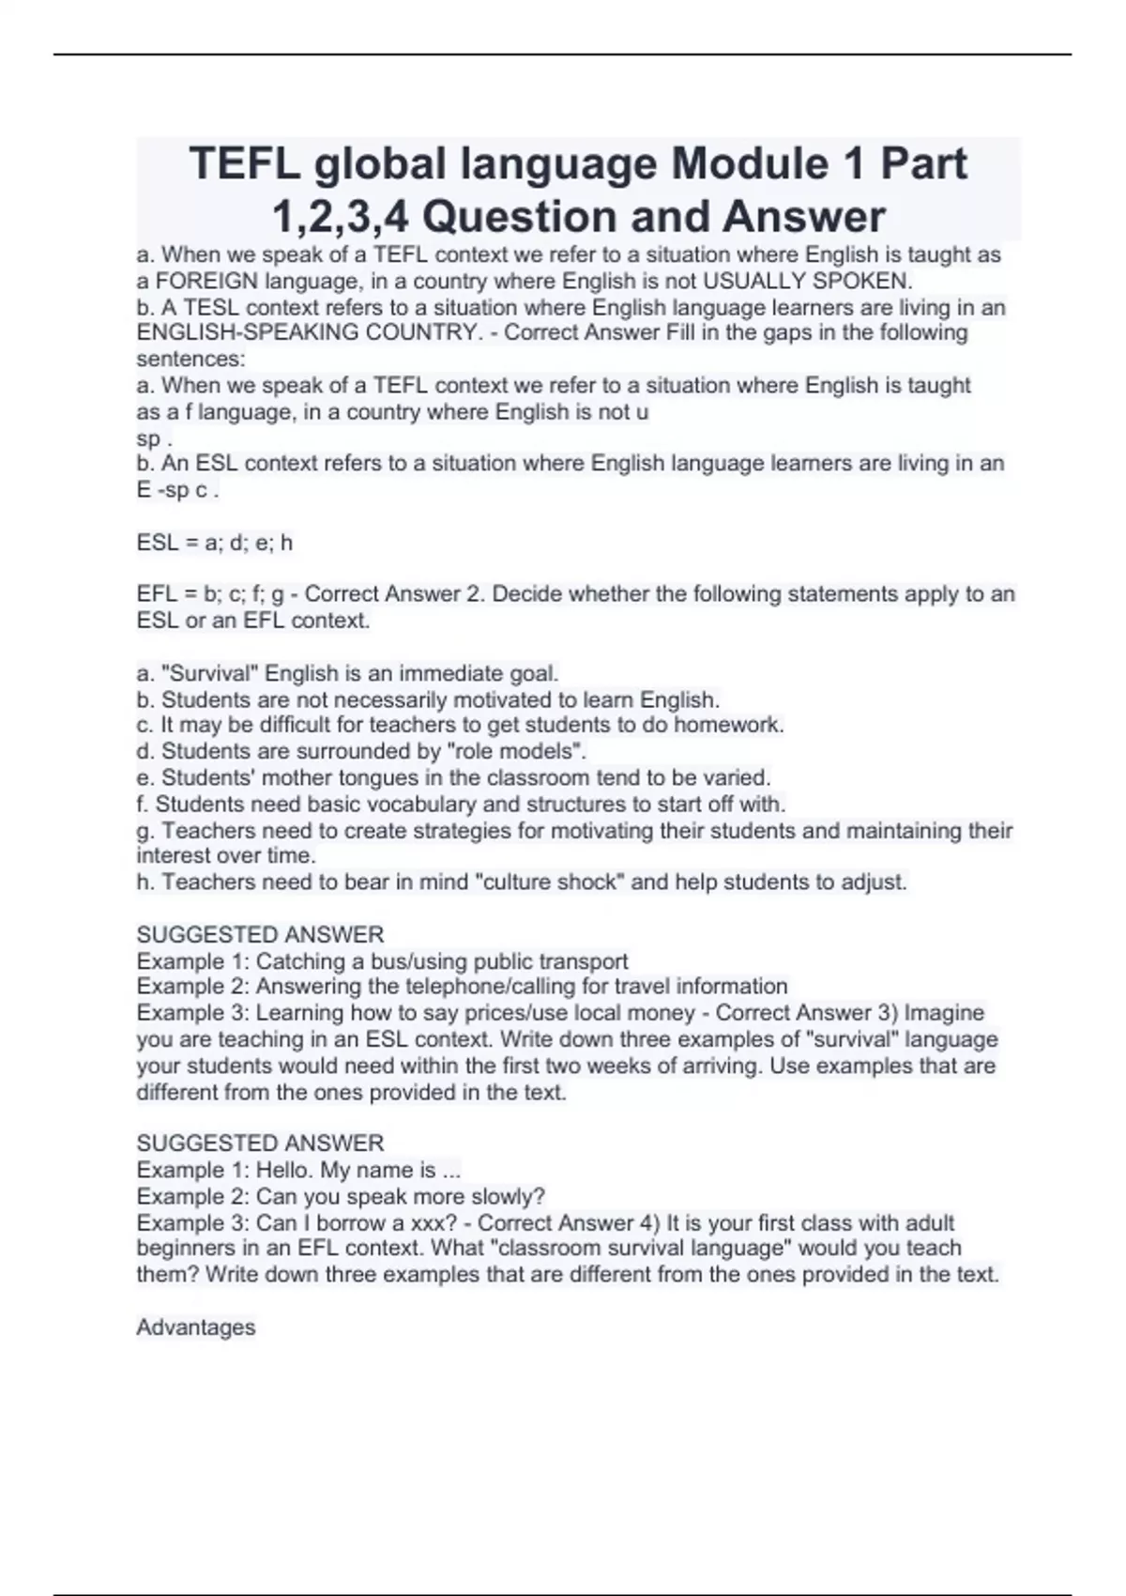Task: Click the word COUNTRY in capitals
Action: click(x=413, y=332)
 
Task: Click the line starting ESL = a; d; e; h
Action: click(x=215, y=542)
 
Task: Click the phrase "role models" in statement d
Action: click(x=519, y=751)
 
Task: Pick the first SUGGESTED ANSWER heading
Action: click(x=260, y=934)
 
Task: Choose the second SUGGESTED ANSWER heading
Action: click(x=260, y=1143)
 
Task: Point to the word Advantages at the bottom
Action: click(x=196, y=1327)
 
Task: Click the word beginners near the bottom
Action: click(x=185, y=1248)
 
